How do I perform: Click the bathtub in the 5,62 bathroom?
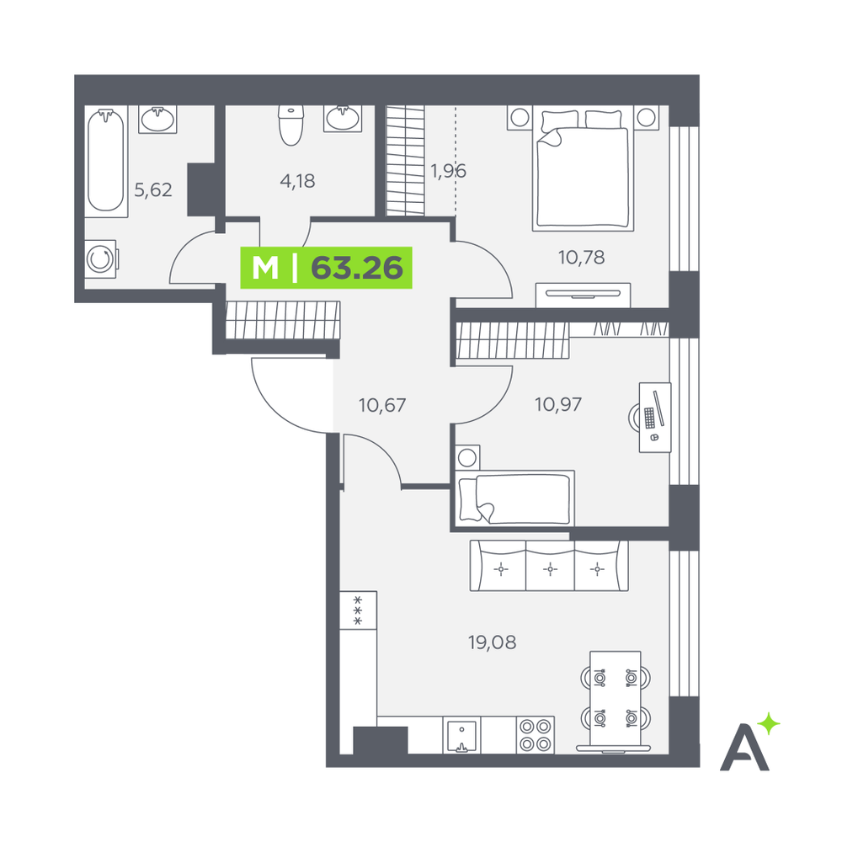click(106, 161)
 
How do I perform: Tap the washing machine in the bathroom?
click(101, 258)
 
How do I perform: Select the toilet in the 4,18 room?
click(291, 125)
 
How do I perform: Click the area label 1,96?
click(448, 171)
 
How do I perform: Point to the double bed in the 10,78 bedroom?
click(583, 170)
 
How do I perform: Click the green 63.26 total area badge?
click(326, 268)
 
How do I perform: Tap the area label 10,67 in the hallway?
click(381, 405)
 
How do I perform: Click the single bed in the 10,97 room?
click(514, 498)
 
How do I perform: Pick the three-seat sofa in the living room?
click(549, 566)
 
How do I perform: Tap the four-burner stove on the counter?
click(536, 735)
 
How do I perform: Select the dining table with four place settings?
click(615, 698)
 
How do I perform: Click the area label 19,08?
click(492, 642)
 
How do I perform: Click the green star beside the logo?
click(770, 723)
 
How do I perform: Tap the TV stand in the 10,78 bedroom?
click(583, 295)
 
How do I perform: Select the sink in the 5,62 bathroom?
click(157, 119)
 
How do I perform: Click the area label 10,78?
click(582, 258)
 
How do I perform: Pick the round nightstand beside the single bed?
click(467, 457)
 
